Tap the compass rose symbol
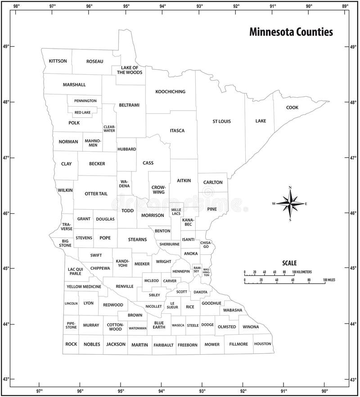pyautogui.click(x=290, y=204)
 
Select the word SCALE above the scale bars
pyautogui.click(x=289, y=263)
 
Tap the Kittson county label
pyautogui.click(x=58, y=61)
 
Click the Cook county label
pyautogui.click(x=292, y=107)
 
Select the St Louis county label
pyautogui.click(x=222, y=121)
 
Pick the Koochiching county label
pyautogui.click(x=170, y=92)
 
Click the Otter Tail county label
pyautogui.click(x=96, y=194)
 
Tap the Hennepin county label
pyautogui.click(x=181, y=271)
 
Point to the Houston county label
pyautogui.click(x=262, y=344)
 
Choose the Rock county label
pyautogui.click(x=71, y=344)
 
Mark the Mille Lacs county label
pyautogui.click(x=176, y=212)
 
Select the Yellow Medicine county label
pyautogui.click(x=84, y=286)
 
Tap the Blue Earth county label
pyautogui.click(x=159, y=325)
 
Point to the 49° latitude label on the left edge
pyautogui.click(x=6, y=46)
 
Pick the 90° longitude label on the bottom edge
pyautogui.click(x=324, y=391)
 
